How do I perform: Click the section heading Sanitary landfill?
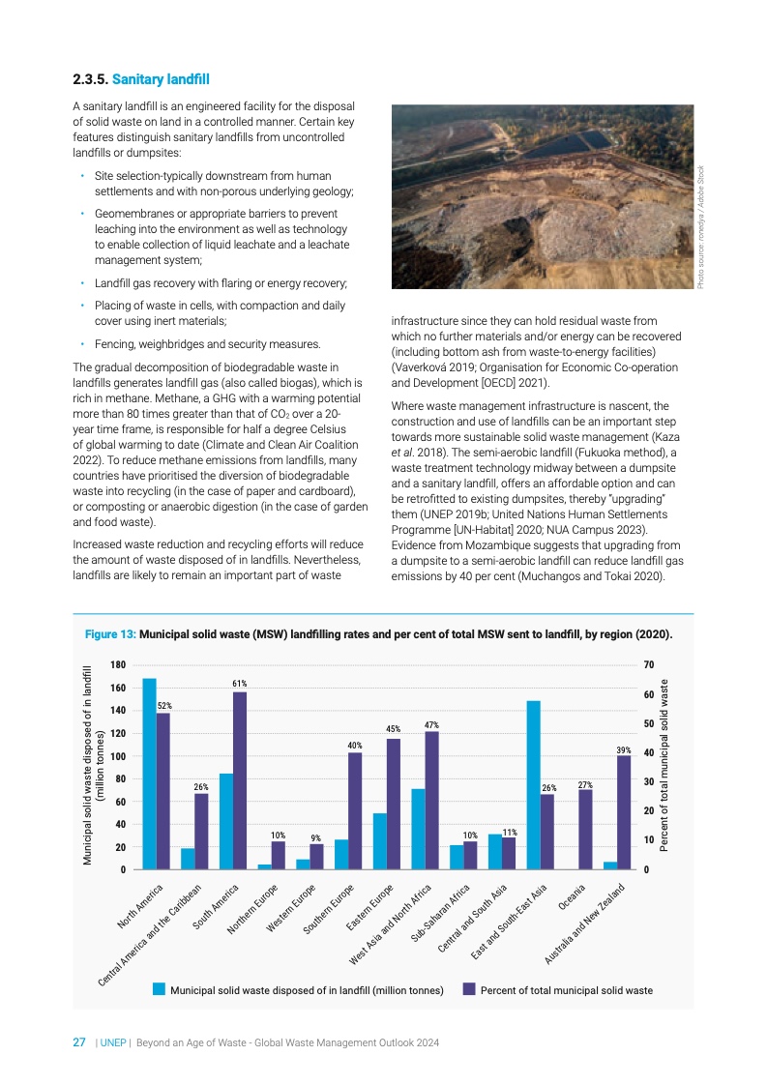[x=161, y=78]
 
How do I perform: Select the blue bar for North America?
[x=149, y=774]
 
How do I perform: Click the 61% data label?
[x=240, y=684]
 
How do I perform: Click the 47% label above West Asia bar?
[x=432, y=724]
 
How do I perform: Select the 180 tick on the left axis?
[x=117, y=665]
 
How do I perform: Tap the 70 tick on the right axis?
[x=647, y=665]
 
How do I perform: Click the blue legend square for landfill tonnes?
[x=160, y=989]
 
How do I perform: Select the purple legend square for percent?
[x=469, y=989]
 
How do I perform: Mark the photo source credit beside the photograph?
[x=702, y=225]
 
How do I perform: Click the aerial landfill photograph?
[x=543, y=196]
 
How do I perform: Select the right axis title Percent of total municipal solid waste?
[x=664, y=765]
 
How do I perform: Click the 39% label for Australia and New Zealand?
[x=624, y=749]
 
